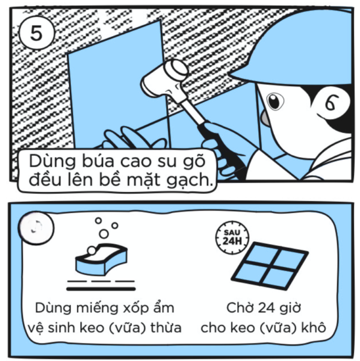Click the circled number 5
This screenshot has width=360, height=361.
click(37, 32)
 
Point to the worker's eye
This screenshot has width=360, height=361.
click(275, 101)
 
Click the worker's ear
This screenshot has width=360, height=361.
click(331, 102)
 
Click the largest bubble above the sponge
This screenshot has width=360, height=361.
click(104, 234)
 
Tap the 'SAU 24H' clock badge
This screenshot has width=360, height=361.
click(232, 238)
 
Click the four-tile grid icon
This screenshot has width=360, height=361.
click(270, 265)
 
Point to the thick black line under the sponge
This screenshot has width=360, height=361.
click(101, 289)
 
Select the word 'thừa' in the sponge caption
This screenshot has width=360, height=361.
click(166, 328)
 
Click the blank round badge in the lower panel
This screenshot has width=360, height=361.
click(36, 227)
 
